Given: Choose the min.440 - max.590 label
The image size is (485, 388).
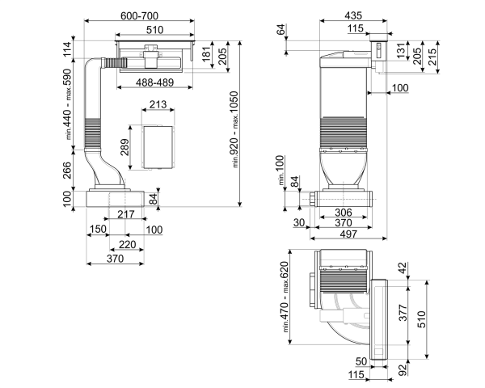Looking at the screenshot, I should pos(70,103).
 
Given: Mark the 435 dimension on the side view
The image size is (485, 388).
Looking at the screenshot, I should pos(352,16).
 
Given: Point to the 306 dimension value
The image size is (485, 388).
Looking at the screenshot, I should pos(343,213).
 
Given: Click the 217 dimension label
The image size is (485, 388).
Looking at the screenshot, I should pos(126,214).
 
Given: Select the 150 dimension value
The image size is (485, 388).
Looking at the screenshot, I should pos(98,230).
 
